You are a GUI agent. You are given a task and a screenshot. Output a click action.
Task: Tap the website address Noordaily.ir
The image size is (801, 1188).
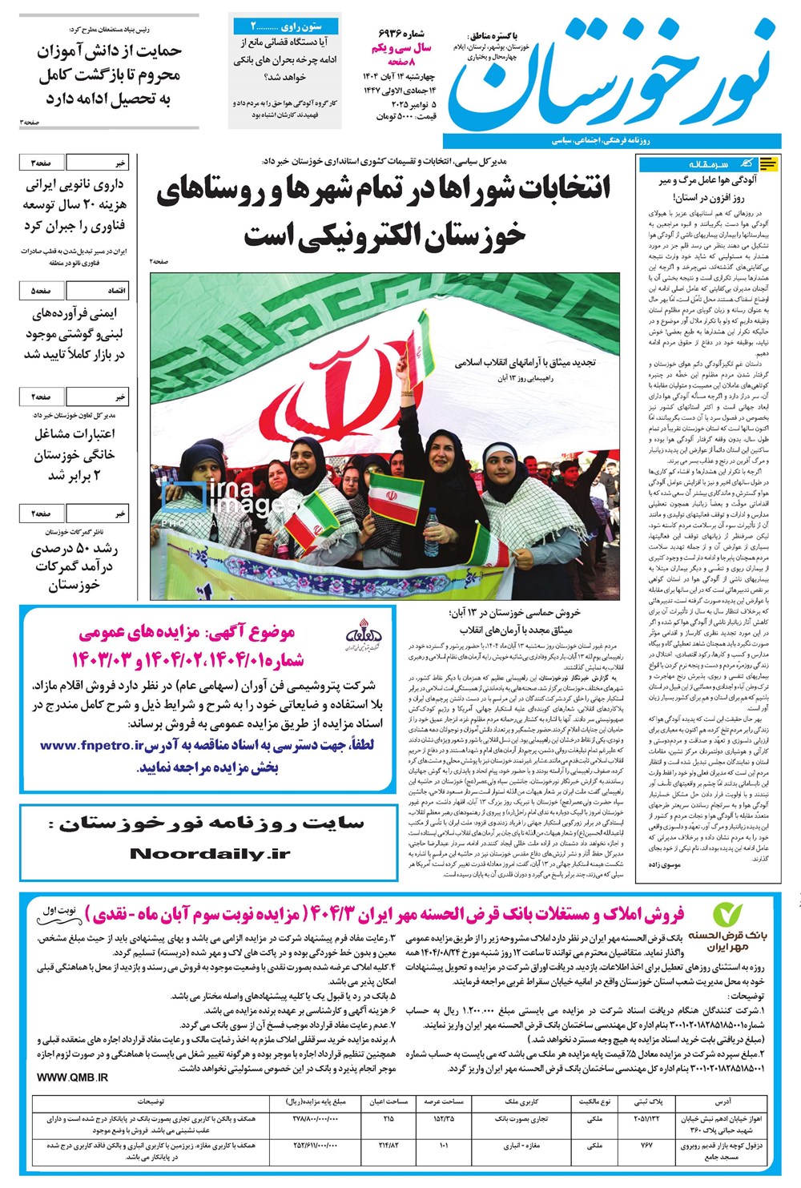pyautogui.click(x=209, y=854)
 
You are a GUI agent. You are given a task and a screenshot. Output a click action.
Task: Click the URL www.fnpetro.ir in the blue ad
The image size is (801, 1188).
pyautogui.click(x=91, y=745)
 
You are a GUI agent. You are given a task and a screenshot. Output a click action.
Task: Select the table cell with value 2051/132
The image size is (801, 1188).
pyautogui.click(x=646, y=1119)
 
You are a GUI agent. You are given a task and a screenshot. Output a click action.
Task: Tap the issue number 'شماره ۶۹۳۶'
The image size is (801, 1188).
pyautogui.click(x=405, y=34)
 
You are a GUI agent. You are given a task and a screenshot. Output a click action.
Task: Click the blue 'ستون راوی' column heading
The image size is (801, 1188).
pyautogui.click(x=286, y=26)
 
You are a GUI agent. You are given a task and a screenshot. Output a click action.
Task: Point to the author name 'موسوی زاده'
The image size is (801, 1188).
pyautogui.click(x=662, y=866)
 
